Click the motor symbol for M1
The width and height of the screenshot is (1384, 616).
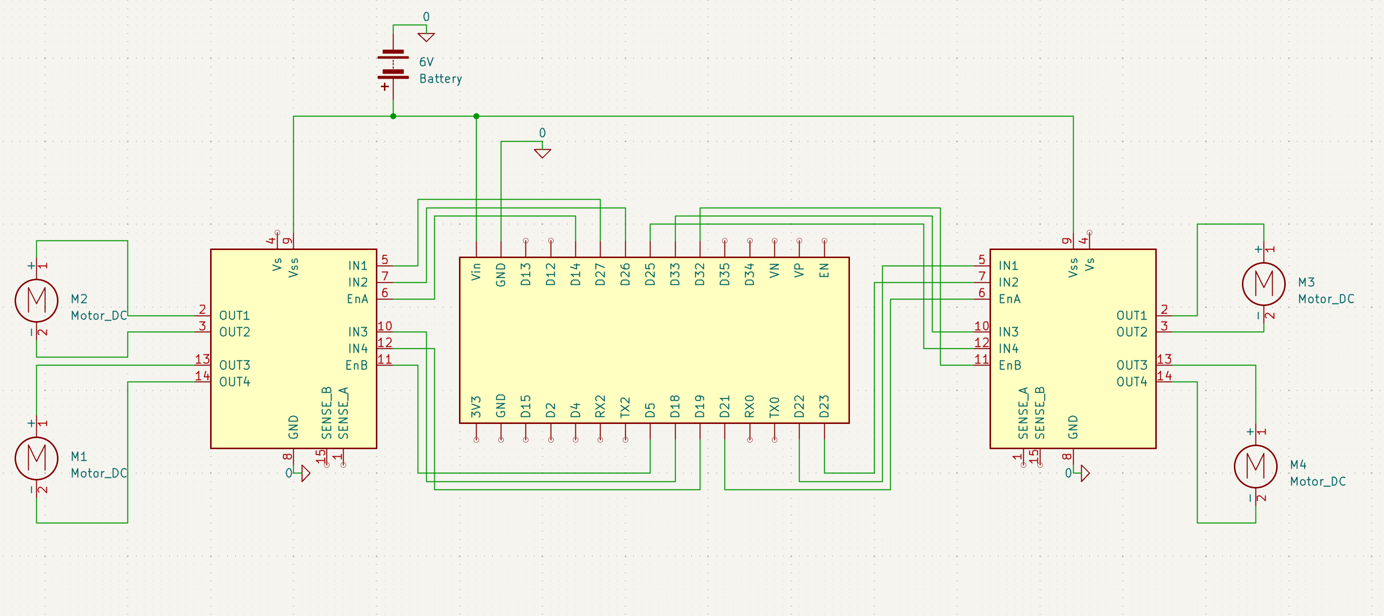tap(37, 458)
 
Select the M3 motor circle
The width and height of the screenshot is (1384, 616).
tap(1263, 283)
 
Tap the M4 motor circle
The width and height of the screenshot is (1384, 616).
tap(1255, 466)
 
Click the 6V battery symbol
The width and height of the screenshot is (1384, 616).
tap(393, 65)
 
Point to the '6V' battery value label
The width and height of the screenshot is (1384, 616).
tap(426, 63)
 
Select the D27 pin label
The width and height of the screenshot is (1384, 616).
tap(600, 274)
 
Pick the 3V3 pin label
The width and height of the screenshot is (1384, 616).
tap(476, 407)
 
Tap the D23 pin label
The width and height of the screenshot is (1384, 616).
tap(824, 406)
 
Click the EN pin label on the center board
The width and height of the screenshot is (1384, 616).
tap(824, 270)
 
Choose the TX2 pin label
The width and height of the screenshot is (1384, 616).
tap(625, 407)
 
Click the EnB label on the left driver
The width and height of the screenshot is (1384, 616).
tap(357, 365)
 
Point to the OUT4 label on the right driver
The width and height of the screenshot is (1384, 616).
tap(1132, 382)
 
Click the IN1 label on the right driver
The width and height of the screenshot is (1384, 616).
tap(1009, 266)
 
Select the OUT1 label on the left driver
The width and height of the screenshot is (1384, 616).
tap(235, 316)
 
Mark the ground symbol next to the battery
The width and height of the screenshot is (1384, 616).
tap(426, 37)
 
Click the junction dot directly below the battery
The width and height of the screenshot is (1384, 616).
tap(393, 116)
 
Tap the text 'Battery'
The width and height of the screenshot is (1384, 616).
tap(440, 79)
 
